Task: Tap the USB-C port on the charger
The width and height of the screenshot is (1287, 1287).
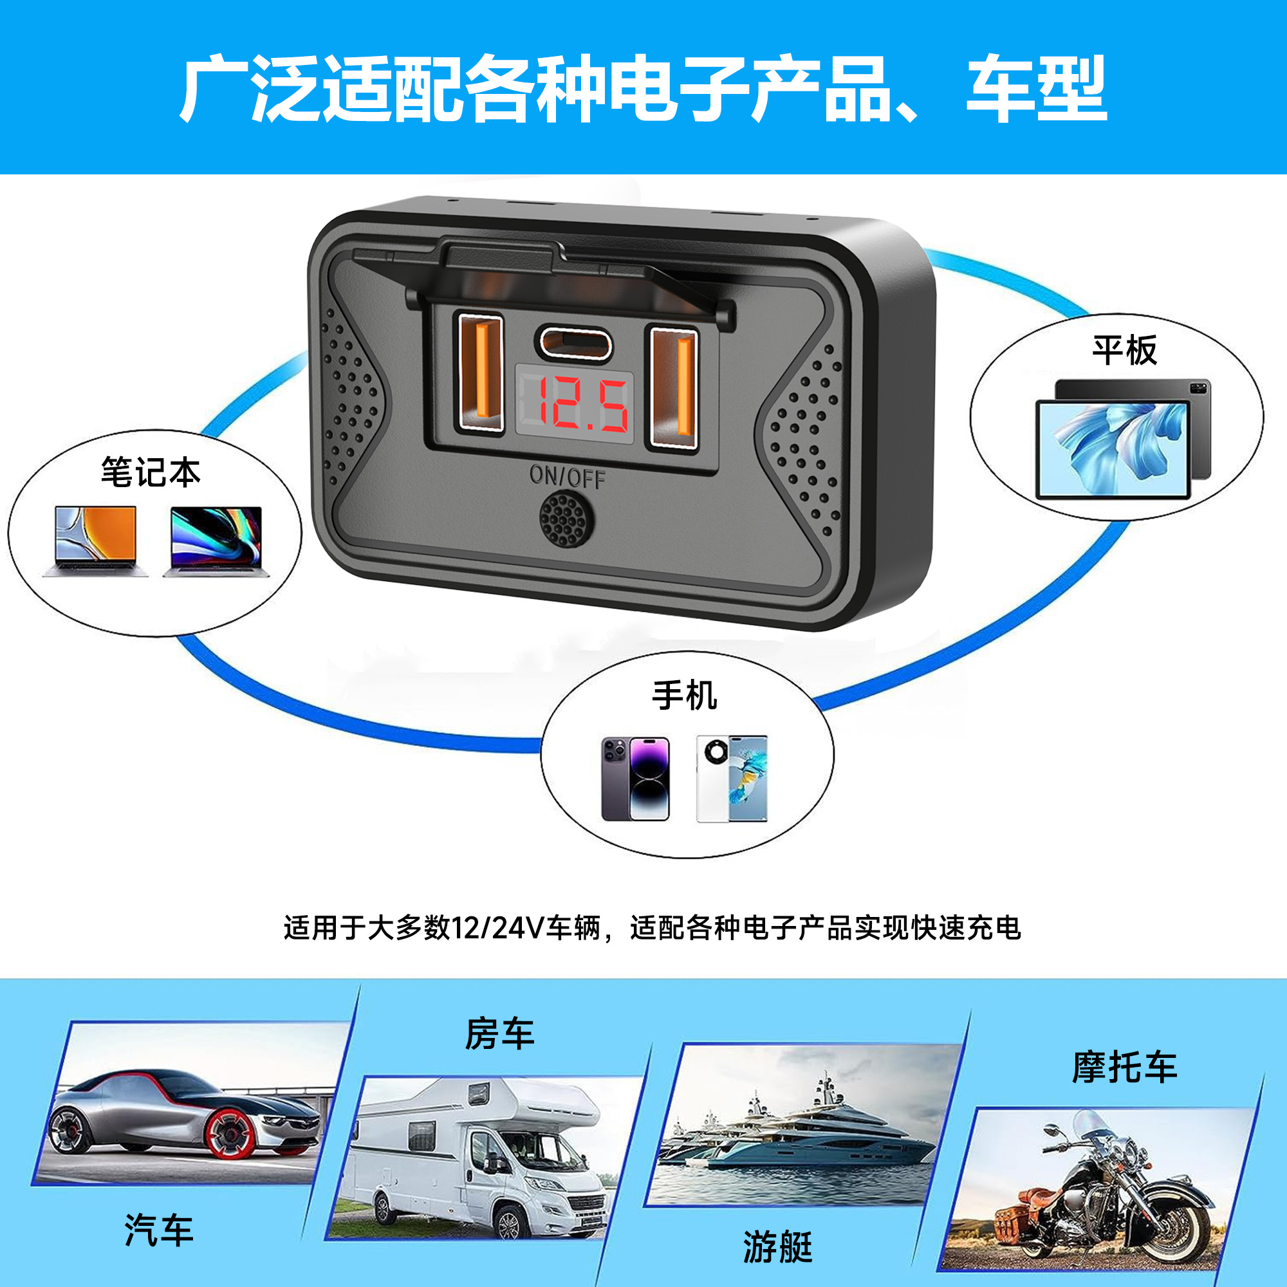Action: click(574, 342)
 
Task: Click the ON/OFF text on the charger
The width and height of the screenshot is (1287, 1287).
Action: click(567, 476)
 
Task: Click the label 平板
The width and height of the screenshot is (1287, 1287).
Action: click(1124, 351)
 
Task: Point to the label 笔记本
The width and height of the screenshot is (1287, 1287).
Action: click(151, 472)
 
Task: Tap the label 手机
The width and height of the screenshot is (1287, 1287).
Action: click(685, 696)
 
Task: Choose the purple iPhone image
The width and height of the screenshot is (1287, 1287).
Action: click(635, 779)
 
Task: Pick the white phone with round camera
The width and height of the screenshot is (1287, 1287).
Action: click(732, 779)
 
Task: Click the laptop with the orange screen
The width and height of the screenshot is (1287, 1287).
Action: click(95, 541)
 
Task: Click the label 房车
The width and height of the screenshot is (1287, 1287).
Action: click(499, 1035)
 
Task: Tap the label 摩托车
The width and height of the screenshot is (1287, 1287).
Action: click(1124, 1067)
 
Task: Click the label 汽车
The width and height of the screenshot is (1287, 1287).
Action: click(158, 1230)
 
